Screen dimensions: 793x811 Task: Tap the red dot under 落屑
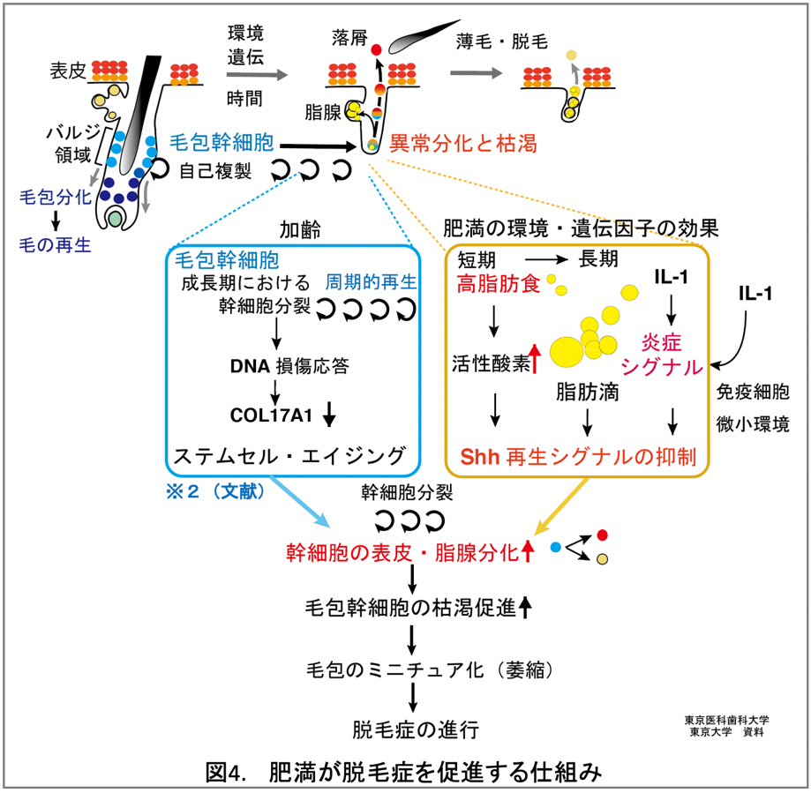click(x=375, y=49)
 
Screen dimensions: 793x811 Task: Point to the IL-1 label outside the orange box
click(x=755, y=296)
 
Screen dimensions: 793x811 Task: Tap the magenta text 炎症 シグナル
click(x=664, y=354)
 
